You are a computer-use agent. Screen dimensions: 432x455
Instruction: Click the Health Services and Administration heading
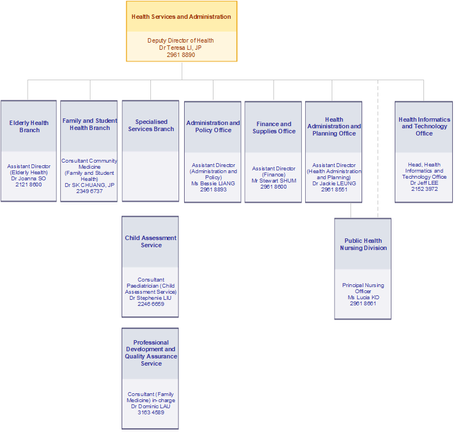pyautogui.click(x=181, y=17)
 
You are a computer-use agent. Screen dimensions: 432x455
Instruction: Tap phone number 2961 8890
pyautogui.click(x=181, y=55)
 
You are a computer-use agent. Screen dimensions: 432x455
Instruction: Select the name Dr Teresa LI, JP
pyautogui.click(x=181, y=48)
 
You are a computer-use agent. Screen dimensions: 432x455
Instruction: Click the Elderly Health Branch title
pyautogui.click(x=29, y=127)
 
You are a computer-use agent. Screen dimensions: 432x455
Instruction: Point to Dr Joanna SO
pyautogui.click(x=29, y=179)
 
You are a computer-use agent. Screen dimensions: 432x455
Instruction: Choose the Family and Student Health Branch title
pyautogui.click(x=90, y=124)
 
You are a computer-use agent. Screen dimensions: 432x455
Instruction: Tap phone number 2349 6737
pyautogui.click(x=89, y=191)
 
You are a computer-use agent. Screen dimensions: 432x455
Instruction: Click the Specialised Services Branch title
pyautogui.click(x=151, y=126)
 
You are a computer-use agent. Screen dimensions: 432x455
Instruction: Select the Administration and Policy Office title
pyautogui.click(x=213, y=127)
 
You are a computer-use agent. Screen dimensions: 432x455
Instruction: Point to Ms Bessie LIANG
pyautogui.click(x=213, y=184)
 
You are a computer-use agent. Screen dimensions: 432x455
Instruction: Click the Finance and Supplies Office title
pyautogui.click(x=274, y=128)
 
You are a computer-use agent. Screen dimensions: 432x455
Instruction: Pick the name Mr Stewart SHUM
pyautogui.click(x=274, y=181)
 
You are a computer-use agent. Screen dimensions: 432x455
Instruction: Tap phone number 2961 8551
pyautogui.click(x=334, y=190)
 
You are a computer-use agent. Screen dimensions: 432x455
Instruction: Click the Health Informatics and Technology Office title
pyautogui.click(x=424, y=126)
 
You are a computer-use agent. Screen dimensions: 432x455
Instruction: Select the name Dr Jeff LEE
pyautogui.click(x=424, y=183)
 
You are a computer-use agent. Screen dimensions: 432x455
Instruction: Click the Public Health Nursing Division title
pyautogui.click(x=363, y=244)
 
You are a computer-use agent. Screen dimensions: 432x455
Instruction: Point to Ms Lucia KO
pyautogui.click(x=363, y=298)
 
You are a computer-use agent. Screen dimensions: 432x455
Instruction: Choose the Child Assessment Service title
pyautogui.click(x=151, y=242)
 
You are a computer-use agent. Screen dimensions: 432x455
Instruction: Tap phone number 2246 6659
pyautogui.click(x=151, y=304)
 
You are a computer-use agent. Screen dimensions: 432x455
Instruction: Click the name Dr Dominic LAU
pyautogui.click(x=151, y=407)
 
